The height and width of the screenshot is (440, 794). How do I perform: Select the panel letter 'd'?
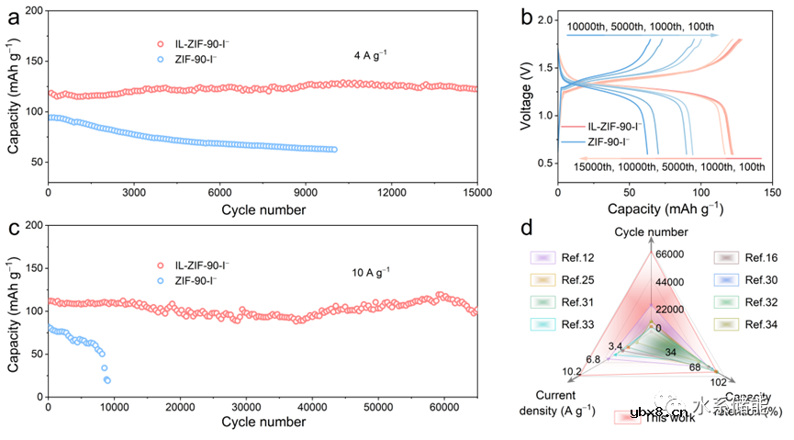tap(527, 226)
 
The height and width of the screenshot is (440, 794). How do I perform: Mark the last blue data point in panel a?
tap(333, 150)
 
